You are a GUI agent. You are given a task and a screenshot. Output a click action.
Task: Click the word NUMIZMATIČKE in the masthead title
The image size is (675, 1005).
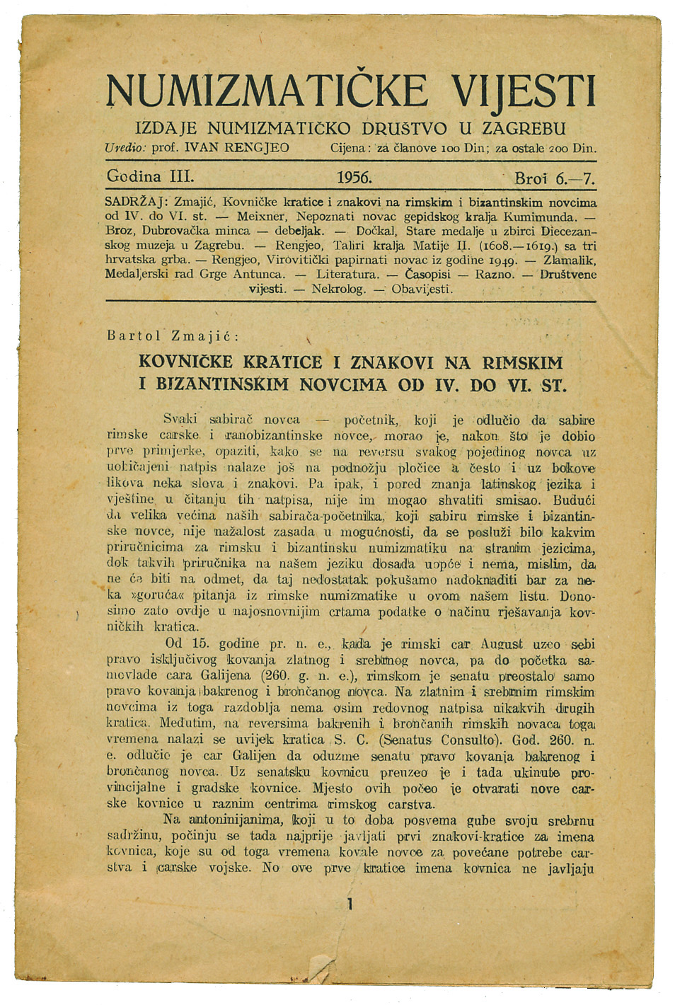[267, 92]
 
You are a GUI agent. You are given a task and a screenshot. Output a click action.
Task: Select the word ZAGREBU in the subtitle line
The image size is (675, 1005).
[523, 129]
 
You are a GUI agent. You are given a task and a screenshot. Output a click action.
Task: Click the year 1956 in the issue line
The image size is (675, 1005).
[354, 177]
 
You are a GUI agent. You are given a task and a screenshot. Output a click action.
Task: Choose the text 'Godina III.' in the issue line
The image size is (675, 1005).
[149, 176]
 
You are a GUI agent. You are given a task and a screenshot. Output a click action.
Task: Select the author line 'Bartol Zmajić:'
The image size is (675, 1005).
[173, 335]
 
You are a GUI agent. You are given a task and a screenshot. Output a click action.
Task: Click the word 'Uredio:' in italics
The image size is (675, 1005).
[125, 149]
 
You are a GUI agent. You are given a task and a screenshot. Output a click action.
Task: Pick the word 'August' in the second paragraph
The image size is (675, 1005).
[501, 644]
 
